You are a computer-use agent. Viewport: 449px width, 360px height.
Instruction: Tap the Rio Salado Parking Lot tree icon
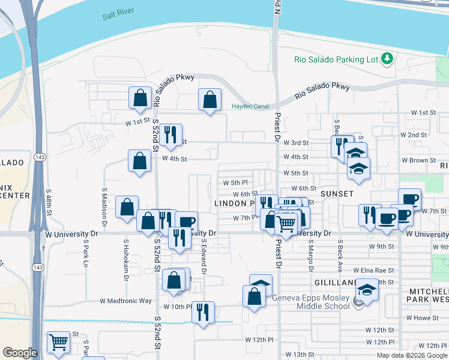point(388,58)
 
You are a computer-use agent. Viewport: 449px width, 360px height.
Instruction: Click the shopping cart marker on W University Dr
point(287,224)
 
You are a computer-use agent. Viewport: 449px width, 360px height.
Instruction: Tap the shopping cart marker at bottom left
point(59,343)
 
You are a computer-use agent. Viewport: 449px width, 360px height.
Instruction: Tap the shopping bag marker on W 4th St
point(140,161)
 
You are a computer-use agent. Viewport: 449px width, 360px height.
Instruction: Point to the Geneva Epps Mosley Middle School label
point(310,302)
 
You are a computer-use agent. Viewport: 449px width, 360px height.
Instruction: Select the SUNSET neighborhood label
point(337,194)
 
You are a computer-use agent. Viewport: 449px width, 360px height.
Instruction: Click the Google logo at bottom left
point(20,352)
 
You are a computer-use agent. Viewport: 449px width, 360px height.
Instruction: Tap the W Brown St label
point(418,160)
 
